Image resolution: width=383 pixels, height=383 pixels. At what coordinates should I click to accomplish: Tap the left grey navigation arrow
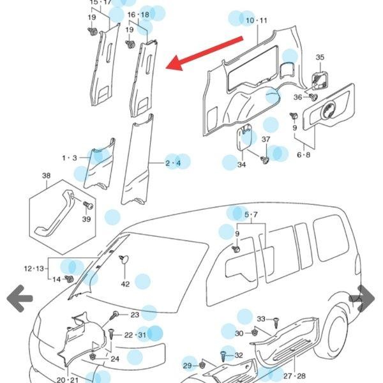19,297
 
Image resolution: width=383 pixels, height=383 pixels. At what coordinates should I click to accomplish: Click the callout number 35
320,57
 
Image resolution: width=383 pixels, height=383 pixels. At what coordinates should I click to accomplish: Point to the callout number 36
298,97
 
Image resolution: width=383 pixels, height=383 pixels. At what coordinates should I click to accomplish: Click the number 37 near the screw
266,140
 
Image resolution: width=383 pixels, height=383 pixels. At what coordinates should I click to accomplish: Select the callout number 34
241,165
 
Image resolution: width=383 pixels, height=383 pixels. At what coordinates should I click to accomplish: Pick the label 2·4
173,163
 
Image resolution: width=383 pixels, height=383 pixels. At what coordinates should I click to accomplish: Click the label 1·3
69,158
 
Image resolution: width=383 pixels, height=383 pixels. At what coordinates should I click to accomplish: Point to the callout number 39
87,220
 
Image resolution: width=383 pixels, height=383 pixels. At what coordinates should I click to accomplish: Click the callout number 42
125,284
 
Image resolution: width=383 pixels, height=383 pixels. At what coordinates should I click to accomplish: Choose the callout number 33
261,319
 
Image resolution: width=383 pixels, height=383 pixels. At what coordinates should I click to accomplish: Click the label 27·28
294,376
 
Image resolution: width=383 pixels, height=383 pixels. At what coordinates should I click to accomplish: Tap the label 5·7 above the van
251,214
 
